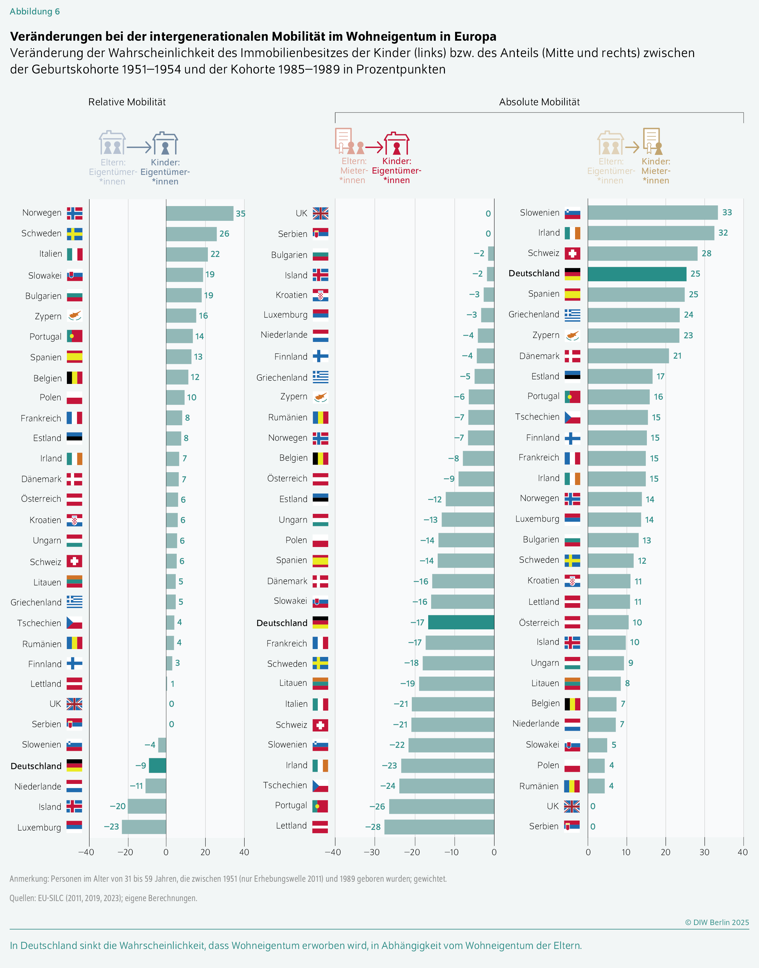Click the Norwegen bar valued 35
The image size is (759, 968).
(200, 213)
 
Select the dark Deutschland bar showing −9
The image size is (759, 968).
(157, 765)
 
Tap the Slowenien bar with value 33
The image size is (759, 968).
(652, 213)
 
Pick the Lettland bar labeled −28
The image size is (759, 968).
(439, 827)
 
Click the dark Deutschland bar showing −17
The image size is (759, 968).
(461, 622)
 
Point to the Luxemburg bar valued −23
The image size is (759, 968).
(144, 827)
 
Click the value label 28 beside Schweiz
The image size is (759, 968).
(706, 253)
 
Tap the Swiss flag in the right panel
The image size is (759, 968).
(572, 253)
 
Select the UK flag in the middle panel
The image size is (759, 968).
(320, 213)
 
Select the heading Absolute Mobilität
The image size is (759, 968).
(539, 102)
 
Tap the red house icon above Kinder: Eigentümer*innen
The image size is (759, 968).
(396, 143)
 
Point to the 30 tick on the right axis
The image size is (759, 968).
(704, 852)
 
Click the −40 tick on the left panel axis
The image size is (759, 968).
(86, 852)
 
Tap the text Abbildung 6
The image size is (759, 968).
(35, 11)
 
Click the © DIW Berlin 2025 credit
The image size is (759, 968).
(716, 922)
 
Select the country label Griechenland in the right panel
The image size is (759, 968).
(534, 314)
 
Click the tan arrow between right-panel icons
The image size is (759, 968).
(632, 147)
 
